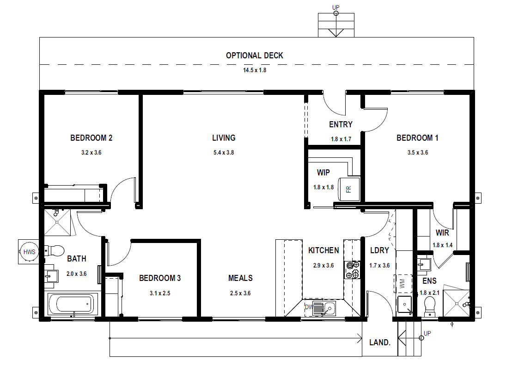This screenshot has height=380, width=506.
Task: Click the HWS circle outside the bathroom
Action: pos(29,252)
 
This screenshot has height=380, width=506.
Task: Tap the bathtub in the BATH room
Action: pos(73,304)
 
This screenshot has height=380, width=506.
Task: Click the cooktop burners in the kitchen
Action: pos(353,270)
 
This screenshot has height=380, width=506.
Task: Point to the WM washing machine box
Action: pos(403,284)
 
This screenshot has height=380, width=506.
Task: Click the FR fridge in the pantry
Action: pos(349,189)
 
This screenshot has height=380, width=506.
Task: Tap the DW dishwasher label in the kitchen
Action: pos(309,307)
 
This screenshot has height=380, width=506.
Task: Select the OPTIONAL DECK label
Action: pos(254,56)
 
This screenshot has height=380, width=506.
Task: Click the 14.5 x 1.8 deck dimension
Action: pos(255,70)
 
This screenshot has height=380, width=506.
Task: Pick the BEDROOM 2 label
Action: pos(91,138)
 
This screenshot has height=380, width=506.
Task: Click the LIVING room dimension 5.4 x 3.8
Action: pos(224,153)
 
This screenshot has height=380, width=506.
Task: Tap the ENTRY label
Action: pos(341,125)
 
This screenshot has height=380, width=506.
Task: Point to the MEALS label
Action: pos(240,278)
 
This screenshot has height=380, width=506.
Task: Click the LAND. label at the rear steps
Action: pos(380,343)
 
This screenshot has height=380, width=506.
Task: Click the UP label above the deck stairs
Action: pos(336,7)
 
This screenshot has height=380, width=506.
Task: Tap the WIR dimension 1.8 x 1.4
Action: pos(442,245)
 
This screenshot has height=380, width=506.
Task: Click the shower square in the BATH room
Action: pos(57,222)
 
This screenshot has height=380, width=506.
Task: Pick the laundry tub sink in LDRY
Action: pos(404,305)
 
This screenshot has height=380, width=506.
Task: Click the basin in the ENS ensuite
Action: pos(424,264)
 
